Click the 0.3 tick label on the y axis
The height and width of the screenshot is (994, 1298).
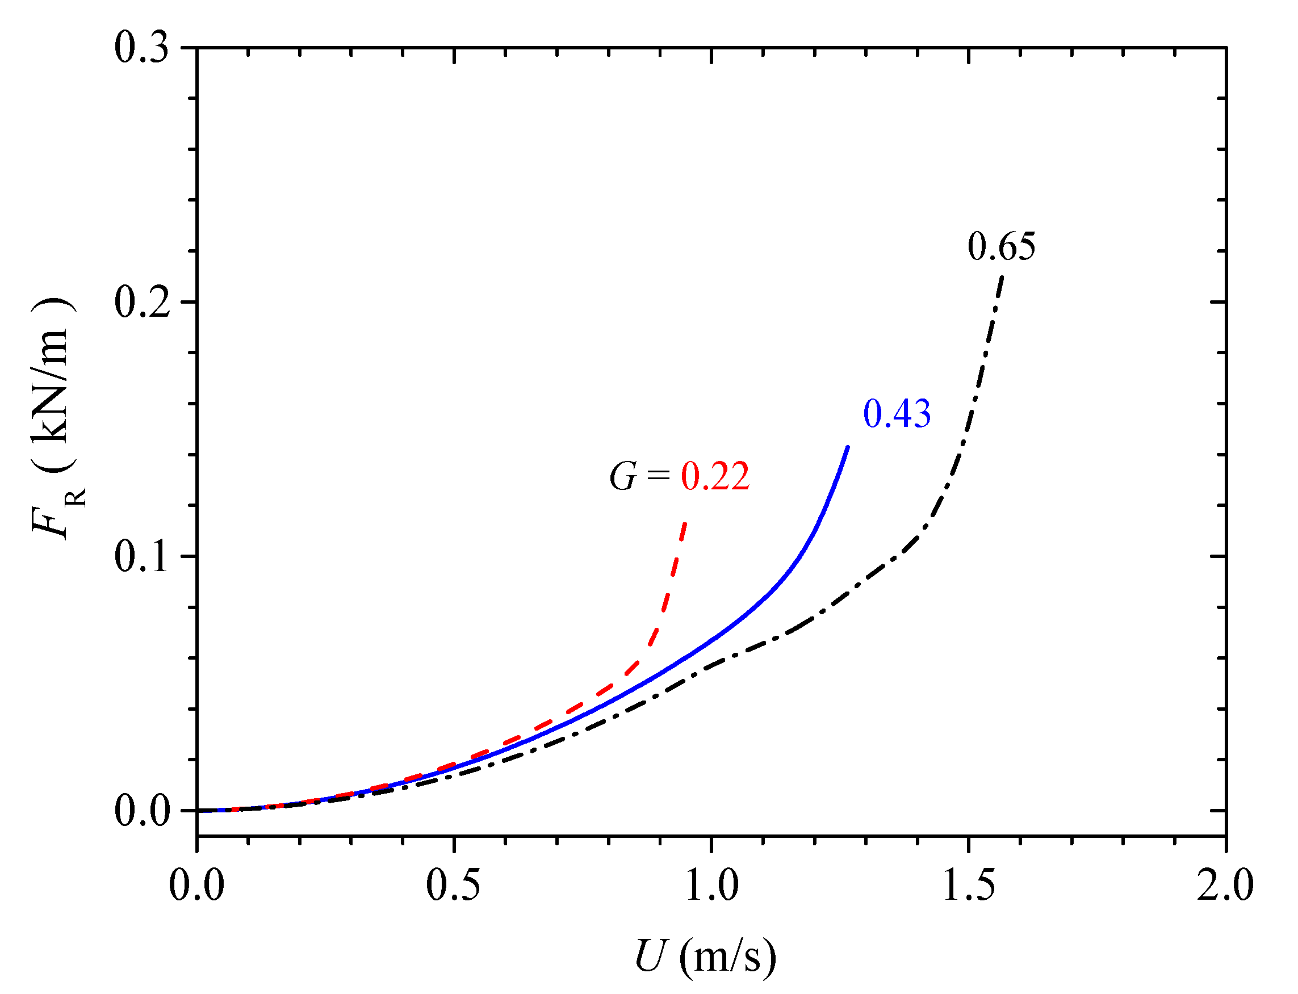coord(141,47)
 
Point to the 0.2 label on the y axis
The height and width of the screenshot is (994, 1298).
coord(141,303)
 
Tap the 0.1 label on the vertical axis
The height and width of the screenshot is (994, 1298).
coord(141,557)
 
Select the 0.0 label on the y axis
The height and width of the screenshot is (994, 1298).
coord(141,811)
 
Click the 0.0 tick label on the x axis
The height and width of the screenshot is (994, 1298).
coord(196,886)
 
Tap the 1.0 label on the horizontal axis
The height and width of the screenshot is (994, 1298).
coord(711,886)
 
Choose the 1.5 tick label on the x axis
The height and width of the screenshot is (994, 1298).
coord(968,886)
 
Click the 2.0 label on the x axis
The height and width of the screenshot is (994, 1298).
coord(1225,886)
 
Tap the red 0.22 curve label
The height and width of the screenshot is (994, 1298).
coord(715,476)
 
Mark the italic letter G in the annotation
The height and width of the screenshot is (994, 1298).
coord(623,476)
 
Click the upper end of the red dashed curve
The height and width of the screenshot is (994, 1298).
coord(685,523)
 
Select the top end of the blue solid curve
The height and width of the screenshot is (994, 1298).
coord(848,447)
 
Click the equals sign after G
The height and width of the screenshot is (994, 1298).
coord(658,475)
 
